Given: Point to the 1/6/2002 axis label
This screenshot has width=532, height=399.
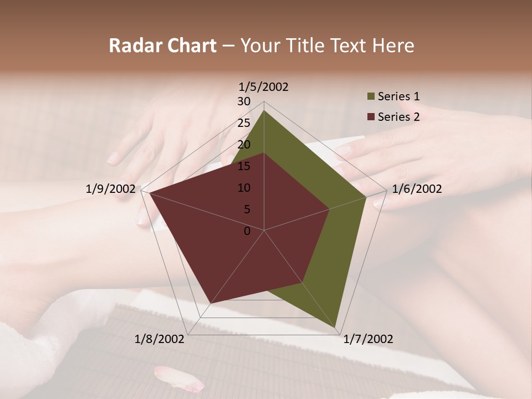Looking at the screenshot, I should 417,189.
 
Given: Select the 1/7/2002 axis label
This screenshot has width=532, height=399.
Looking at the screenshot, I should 368,339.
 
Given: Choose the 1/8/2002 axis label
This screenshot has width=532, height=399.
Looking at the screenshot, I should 160,339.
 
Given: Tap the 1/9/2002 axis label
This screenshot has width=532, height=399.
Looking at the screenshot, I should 111,189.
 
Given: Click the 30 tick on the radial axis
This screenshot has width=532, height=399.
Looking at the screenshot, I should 244,101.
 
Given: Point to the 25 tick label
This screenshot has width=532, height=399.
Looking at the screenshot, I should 244,123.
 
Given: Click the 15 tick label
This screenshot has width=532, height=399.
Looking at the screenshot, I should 244,166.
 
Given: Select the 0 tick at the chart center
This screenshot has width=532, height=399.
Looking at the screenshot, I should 247,231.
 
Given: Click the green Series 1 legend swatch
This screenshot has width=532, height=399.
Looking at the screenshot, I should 370,97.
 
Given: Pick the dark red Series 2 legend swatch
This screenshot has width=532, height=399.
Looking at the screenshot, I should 370,117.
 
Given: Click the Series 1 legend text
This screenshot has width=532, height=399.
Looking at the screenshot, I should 398,96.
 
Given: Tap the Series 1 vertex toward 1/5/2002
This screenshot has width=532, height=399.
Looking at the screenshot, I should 264,110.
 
